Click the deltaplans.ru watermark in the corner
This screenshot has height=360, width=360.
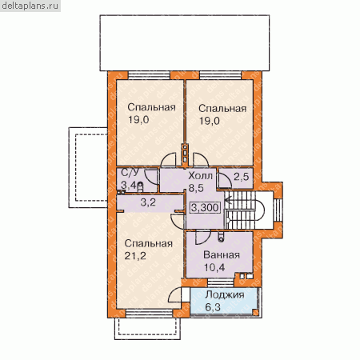[x=30, y=6]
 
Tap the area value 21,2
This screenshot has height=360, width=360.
[x=135, y=256]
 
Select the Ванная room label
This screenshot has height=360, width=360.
[x=222, y=255]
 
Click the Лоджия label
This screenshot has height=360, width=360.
[x=225, y=294]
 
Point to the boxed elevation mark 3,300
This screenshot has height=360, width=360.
[x=205, y=207]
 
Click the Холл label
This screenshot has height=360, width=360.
[x=200, y=176]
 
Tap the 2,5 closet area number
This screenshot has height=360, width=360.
[x=242, y=176]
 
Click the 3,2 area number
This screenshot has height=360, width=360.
[x=148, y=202]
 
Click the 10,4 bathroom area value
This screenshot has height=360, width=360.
[x=214, y=267]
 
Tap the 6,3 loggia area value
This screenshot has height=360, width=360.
[x=213, y=307]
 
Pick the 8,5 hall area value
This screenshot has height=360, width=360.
[x=196, y=188]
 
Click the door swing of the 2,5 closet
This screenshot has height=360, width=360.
[x=225, y=181]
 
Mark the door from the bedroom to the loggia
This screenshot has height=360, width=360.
[x=176, y=295]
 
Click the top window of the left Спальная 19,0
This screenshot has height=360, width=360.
[x=149, y=75]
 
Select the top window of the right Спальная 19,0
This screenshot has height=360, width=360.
[x=221, y=75]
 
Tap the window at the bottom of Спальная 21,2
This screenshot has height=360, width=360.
[x=150, y=314]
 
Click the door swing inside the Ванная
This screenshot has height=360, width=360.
[x=202, y=238]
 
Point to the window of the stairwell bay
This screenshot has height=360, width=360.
[x=278, y=210]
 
